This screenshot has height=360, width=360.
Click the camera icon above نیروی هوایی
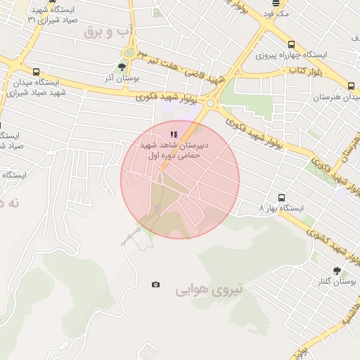point(155,285)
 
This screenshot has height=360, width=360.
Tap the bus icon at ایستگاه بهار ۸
point(282,198)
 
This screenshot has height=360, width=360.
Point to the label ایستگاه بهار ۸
point(281,209)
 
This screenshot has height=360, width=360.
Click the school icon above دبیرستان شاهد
point(173,134)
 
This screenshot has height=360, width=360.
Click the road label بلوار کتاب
point(306,71)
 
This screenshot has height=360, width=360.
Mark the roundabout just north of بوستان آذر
point(129,53)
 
